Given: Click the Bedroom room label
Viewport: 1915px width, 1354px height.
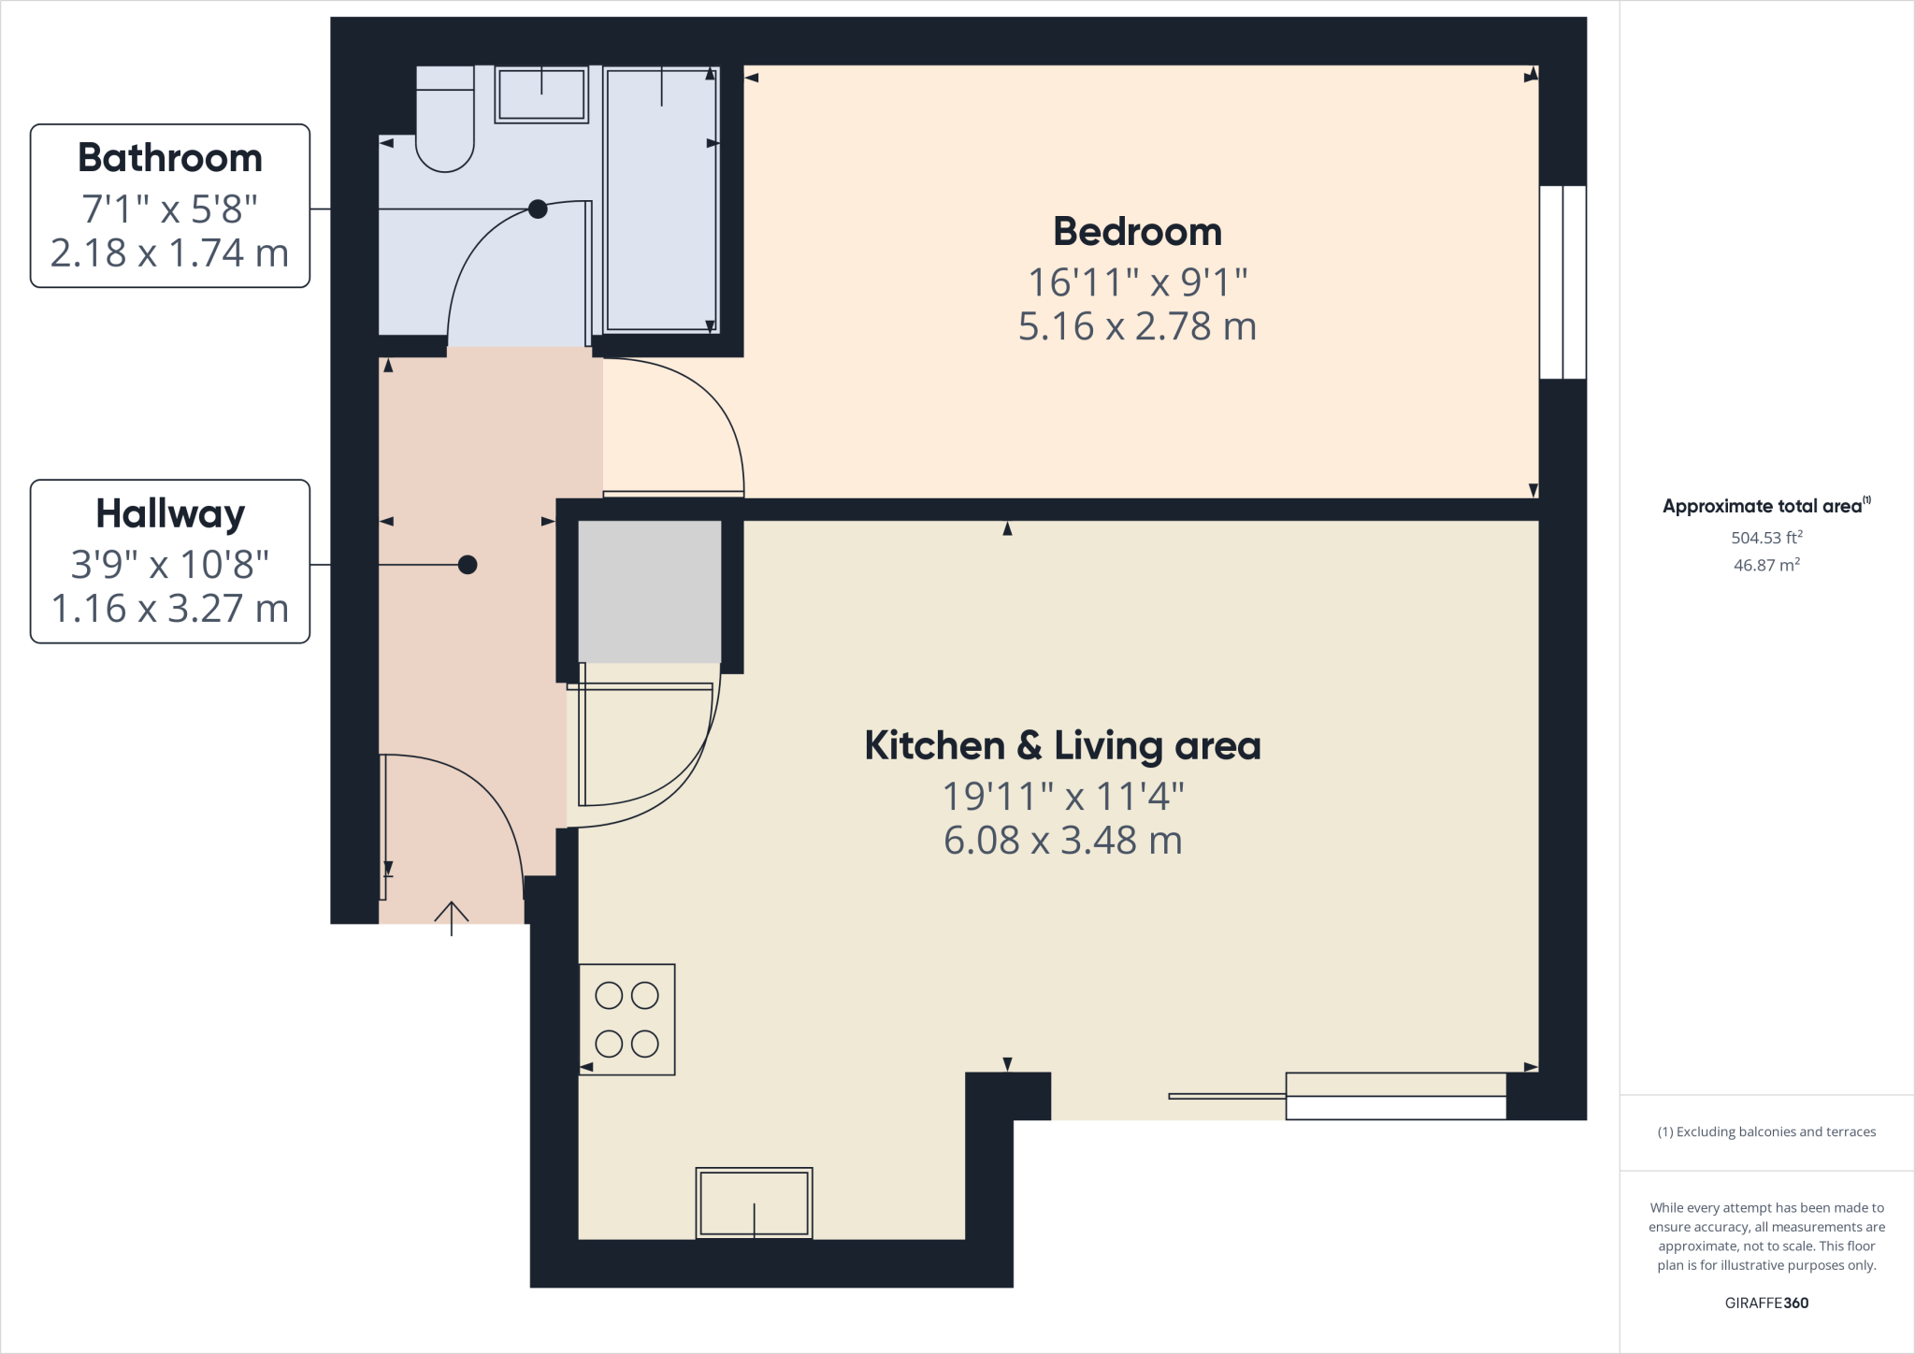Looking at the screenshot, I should coord(1137,232).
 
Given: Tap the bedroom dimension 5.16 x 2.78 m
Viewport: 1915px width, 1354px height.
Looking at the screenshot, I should coord(1137,326).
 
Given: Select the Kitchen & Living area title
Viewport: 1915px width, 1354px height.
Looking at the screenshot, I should coord(1062,746).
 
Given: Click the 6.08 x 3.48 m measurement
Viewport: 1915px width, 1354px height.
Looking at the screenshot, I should coord(1062,841).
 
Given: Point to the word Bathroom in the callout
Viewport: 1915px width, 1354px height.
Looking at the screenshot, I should coord(169,158).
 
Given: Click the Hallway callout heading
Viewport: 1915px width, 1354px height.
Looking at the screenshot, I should coord(169,513).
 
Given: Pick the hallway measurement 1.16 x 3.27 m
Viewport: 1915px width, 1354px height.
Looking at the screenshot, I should coord(169,609).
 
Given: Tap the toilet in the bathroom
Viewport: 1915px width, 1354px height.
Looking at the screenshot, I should coord(445,122).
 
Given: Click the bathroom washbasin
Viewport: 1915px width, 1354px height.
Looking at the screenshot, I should coord(540,94).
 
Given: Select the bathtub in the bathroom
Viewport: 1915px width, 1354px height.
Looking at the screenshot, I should coord(661,201).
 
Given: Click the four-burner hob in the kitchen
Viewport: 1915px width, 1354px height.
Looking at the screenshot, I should coord(626,1019).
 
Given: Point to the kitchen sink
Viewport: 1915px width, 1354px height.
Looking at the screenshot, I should coord(754,1203).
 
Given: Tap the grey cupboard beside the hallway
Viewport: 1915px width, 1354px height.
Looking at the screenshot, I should coord(649,591).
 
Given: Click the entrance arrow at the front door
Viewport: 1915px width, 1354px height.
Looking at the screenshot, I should coord(452,917).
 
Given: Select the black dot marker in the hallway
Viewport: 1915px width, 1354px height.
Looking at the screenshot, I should coord(468,565).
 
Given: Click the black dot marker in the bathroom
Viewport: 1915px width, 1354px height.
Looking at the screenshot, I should coord(538,209).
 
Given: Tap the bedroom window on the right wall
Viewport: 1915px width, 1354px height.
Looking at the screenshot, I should coord(1562,281).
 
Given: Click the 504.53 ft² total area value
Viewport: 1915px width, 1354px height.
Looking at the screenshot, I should coord(1766,538).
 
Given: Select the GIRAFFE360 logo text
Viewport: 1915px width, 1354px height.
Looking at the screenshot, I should coord(1766,1303).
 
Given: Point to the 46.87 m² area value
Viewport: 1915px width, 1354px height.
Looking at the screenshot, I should coord(1766,565).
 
